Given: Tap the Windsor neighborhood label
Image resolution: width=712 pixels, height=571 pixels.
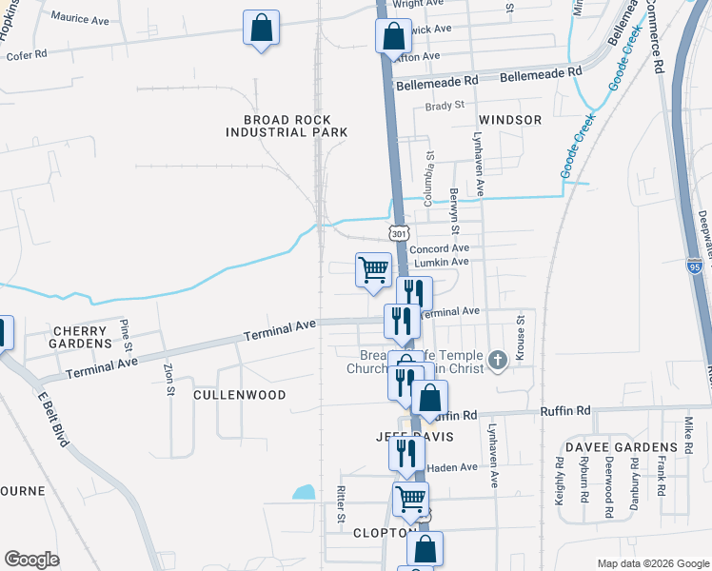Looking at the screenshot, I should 510,120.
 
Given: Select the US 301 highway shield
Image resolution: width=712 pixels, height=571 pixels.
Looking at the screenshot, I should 398,233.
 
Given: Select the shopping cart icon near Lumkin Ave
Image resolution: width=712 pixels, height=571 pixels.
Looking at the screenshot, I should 373,268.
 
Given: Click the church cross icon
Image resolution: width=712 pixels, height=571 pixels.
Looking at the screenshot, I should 496,360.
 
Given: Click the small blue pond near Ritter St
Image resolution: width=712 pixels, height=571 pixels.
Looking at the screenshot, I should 304,492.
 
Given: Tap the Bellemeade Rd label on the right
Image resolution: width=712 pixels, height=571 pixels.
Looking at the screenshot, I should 541,72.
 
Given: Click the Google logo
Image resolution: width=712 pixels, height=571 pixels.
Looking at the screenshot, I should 31,560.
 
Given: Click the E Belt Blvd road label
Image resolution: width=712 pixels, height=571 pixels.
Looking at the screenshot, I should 54,417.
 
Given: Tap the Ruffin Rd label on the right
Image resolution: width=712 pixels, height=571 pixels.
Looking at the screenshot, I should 565,410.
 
